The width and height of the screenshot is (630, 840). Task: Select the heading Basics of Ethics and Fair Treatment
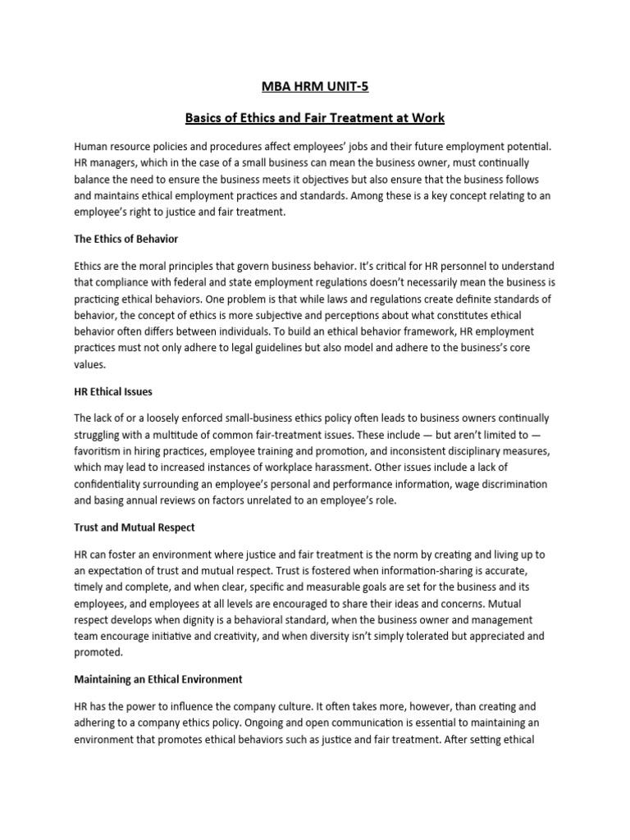(x=315, y=118)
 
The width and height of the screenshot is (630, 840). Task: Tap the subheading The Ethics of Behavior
(x=126, y=239)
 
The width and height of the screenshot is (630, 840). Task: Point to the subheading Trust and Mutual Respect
(x=134, y=527)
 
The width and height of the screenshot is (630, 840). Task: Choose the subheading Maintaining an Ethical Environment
(x=157, y=680)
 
